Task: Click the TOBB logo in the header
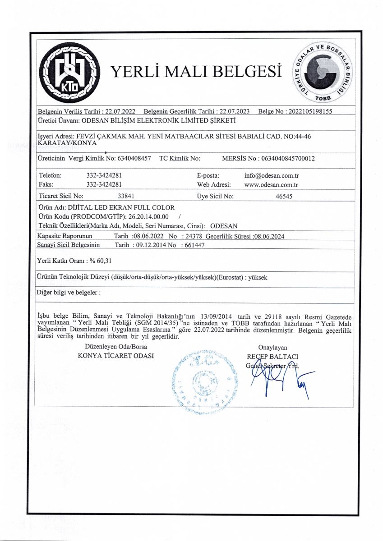323,74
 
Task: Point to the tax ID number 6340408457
134,159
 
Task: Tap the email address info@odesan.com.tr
272,175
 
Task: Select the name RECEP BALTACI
272,356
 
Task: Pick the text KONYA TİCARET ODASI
116,356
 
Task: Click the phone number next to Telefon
104,175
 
